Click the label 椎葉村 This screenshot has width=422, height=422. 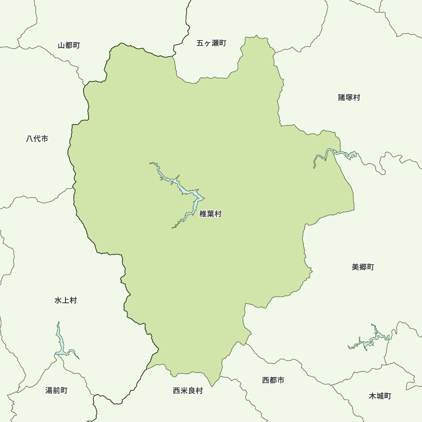210,214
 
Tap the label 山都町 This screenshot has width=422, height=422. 69,45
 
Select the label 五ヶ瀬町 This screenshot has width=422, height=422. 211,43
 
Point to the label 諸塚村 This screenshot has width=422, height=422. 349,97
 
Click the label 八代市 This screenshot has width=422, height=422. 37,138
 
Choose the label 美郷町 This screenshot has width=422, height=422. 362,267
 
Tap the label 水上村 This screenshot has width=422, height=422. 65,300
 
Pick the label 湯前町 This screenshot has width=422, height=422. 56,390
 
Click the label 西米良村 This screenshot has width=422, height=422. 188,391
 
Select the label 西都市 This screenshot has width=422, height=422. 273,380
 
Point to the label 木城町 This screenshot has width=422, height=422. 380,396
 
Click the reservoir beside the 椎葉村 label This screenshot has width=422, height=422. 186,192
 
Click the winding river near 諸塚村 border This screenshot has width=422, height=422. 333,154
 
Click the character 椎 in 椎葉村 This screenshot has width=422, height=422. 203,214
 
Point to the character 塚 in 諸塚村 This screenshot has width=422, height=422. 349,97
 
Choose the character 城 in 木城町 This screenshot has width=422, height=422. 380,396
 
